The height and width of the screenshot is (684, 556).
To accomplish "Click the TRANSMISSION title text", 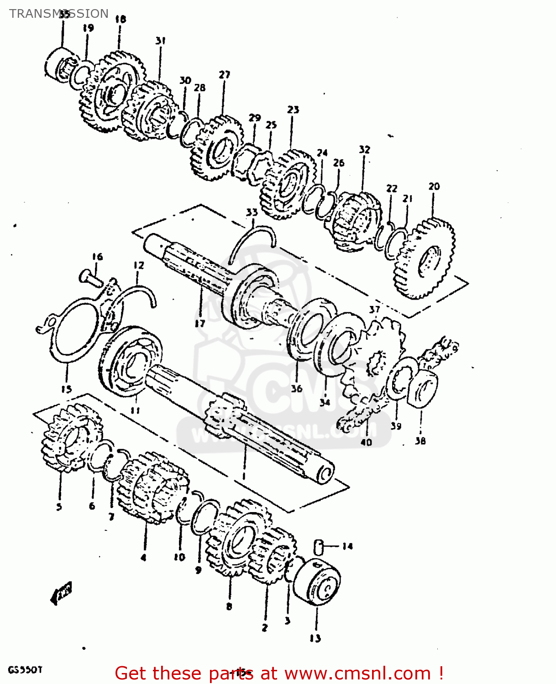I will [x=59, y=14].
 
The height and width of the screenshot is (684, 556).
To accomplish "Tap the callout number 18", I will [x=120, y=19].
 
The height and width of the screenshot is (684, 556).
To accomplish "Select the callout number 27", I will [x=224, y=74].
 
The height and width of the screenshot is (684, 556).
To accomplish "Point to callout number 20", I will [x=434, y=186].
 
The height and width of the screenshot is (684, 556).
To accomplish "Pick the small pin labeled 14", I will [x=320, y=546].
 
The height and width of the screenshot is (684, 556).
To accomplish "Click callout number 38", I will [x=420, y=441].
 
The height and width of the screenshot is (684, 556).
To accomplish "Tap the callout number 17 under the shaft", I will [x=200, y=323].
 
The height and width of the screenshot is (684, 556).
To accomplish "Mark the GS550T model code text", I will [x=25, y=670].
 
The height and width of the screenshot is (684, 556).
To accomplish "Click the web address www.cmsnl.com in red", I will [x=357, y=673].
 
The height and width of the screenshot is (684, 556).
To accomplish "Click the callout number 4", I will [x=143, y=557].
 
